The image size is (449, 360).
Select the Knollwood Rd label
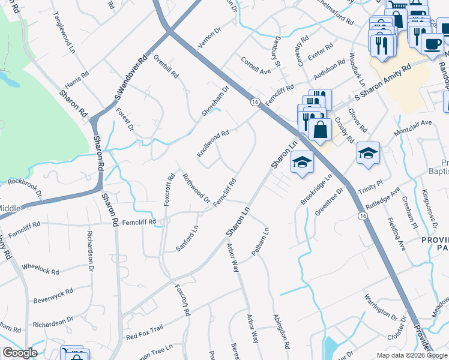tap(214, 143)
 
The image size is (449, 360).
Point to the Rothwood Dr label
tap(196, 188)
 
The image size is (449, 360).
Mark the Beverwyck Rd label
tap(53, 295)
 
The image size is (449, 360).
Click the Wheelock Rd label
tap(40, 268)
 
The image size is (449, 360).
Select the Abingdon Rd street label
tap(282, 332)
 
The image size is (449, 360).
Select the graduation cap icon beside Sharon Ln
tap(302, 163)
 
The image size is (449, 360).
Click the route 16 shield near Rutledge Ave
tap(362, 215)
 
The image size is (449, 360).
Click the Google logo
tap(19, 353)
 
